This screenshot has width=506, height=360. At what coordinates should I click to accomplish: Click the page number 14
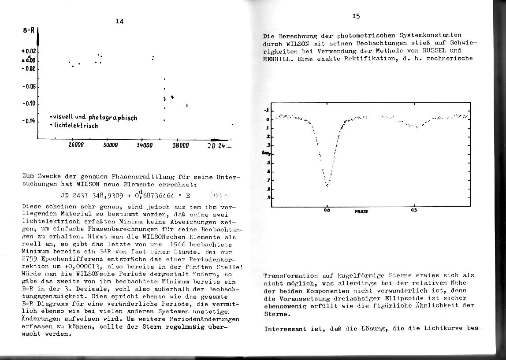point(119,21)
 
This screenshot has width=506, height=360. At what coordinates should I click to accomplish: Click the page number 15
point(356,16)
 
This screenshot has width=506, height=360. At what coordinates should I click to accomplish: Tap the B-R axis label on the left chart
point(29,31)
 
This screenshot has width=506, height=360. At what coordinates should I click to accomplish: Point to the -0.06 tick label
point(29,86)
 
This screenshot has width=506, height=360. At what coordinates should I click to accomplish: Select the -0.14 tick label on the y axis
point(29,121)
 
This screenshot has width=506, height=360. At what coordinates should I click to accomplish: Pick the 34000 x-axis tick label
point(145,145)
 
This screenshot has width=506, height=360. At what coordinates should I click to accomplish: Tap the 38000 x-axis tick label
point(180,145)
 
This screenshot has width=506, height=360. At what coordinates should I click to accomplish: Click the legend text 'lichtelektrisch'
point(75,126)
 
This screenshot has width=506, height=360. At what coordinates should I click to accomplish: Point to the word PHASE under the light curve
point(361,212)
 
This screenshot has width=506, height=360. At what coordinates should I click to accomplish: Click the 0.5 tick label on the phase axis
point(414,210)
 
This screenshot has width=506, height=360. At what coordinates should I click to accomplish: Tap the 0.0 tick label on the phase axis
point(327,211)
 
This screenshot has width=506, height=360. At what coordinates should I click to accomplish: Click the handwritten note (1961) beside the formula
point(219,195)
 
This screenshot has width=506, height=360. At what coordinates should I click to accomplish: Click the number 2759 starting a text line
point(30,260)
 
